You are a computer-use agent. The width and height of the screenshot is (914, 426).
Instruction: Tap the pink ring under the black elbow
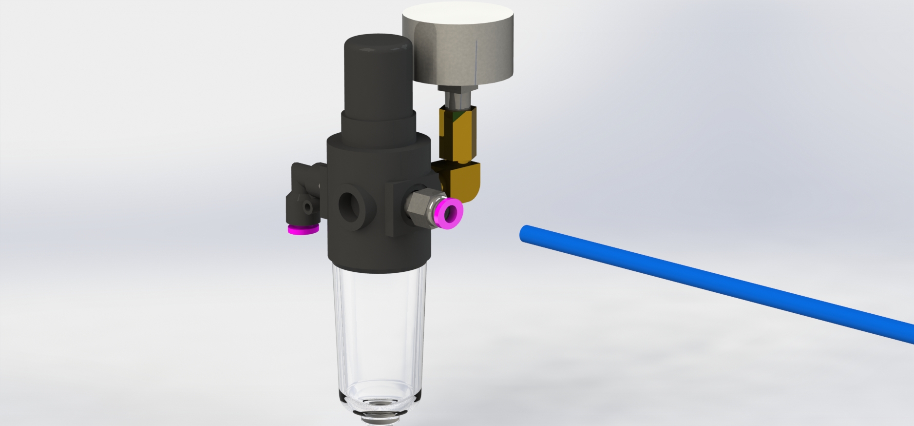[302, 228]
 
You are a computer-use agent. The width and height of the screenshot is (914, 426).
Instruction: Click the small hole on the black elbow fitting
[307, 208]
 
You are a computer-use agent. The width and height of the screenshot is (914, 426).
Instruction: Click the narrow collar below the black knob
[378, 124]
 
